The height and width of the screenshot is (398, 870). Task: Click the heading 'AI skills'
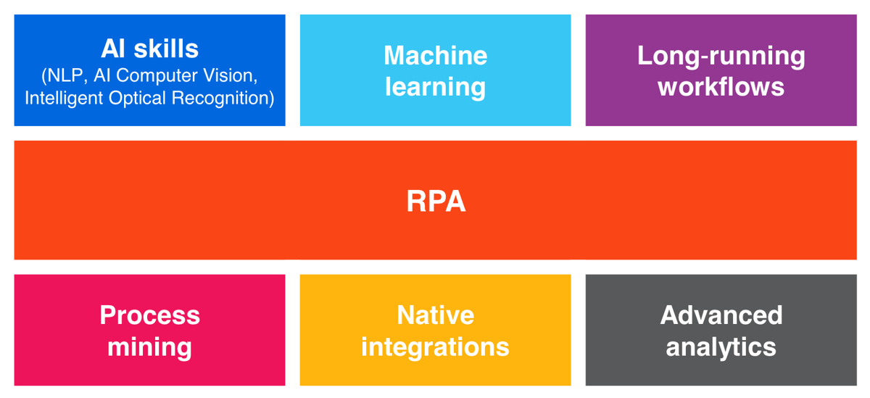(149, 49)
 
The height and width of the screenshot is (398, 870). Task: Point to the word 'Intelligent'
(63, 98)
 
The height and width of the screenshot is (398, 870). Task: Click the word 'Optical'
(138, 98)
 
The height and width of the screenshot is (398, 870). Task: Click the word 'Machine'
(436, 56)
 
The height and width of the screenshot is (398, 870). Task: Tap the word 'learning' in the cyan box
(436, 87)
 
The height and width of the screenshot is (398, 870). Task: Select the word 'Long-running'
(721, 57)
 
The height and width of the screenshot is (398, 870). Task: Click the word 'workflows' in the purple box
(721, 86)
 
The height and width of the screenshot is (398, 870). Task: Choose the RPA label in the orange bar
(436, 201)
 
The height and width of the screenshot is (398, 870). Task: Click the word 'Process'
(150, 315)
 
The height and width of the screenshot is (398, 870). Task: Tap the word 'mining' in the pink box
(149, 347)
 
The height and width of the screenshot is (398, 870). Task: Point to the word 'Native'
(436, 315)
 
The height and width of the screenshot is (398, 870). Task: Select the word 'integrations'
(436, 347)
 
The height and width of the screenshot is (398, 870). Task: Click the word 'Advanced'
(721, 315)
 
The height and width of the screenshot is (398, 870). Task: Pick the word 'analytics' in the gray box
(721, 347)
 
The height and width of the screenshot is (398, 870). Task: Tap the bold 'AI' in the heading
(112, 49)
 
